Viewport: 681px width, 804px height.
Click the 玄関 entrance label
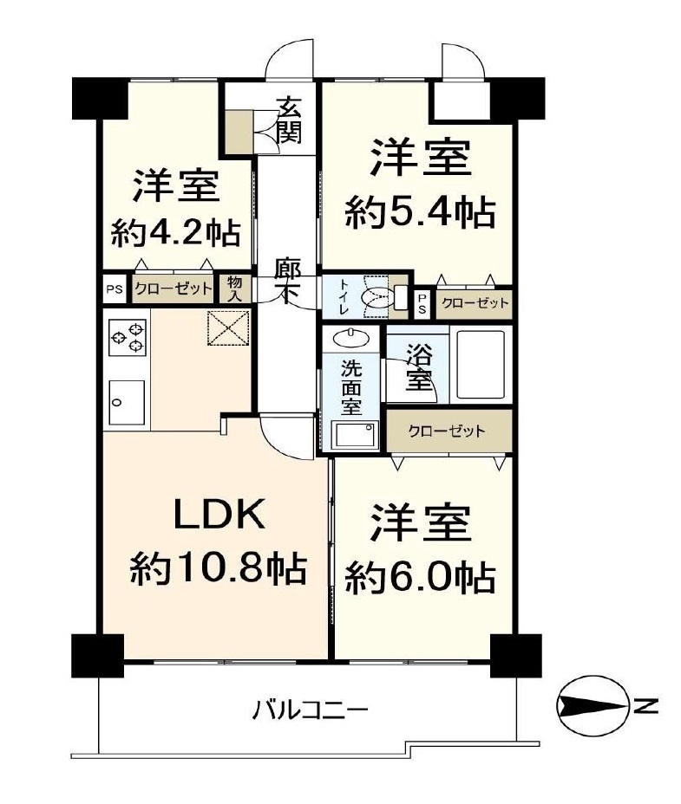[x=289, y=121]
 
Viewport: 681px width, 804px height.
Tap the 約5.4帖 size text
[x=420, y=213]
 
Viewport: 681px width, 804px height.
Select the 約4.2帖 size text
[x=175, y=233]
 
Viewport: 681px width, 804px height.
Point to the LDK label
[x=219, y=515]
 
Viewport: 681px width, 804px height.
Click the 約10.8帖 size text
[x=219, y=569]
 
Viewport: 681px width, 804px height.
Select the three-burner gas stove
[x=128, y=336]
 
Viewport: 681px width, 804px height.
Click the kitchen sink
[x=127, y=403]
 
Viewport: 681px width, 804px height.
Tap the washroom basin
[x=351, y=338]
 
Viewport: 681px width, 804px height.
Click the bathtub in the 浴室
[x=481, y=365]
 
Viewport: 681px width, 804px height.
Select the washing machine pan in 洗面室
[x=355, y=435]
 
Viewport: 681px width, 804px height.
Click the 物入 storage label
[x=235, y=289]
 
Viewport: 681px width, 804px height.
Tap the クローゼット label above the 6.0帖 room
[x=446, y=431]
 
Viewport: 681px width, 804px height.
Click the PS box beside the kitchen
[x=115, y=289]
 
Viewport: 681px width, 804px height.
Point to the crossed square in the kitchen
[x=228, y=328]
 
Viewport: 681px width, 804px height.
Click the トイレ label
[x=343, y=296]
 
